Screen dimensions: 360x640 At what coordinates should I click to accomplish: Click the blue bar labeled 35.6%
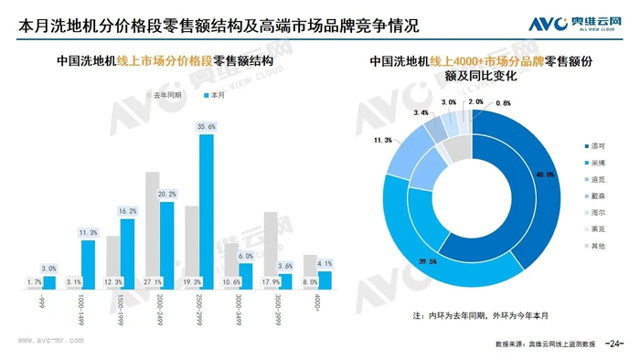pyautogui.click(x=206, y=212)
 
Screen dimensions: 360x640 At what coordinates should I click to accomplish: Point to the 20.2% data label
pyautogui.click(x=167, y=194)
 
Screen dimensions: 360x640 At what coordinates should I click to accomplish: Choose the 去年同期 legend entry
pyautogui.click(x=165, y=93)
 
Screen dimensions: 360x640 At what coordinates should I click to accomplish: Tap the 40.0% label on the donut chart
pyautogui.click(x=545, y=174)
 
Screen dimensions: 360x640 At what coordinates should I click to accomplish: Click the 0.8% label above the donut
pyautogui.click(x=503, y=103)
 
